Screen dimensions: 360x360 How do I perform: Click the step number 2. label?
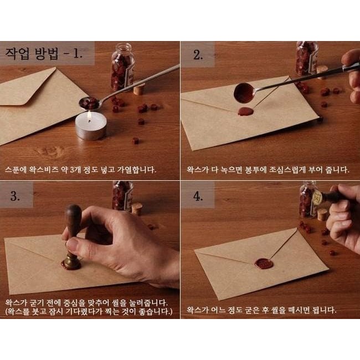[x=198, y=55]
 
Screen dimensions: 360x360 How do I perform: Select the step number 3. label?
[x=15, y=196]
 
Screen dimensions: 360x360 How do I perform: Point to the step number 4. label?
[x=198, y=196]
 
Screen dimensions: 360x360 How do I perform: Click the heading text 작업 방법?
[x=32, y=54]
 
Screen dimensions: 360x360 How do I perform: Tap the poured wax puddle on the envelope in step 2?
[x=246, y=111]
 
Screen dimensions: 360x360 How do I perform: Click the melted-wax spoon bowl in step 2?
[x=244, y=93]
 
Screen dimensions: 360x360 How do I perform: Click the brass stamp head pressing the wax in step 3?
[x=72, y=261]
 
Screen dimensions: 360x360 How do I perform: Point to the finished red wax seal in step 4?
[x=264, y=264]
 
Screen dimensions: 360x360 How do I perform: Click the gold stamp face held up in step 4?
[x=317, y=197]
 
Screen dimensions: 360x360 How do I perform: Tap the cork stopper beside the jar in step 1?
[x=139, y=89]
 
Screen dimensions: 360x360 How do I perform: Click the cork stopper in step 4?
[x=322, y=215]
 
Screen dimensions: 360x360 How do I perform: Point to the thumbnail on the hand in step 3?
[x=71, y=244]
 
